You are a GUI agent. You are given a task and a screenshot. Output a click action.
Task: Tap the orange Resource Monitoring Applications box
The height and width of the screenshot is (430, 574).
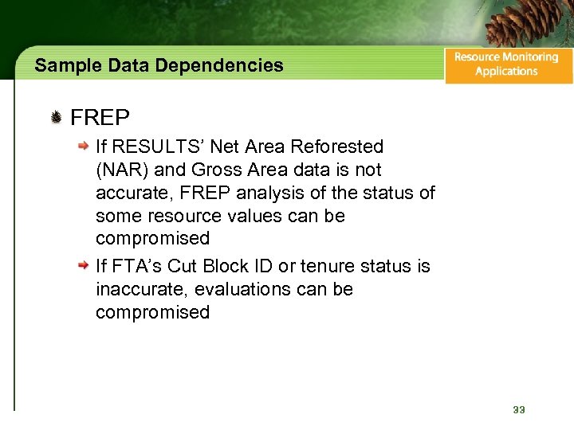[508, 64]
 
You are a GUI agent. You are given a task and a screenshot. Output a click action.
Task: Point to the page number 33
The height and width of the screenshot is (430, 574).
[519, 409]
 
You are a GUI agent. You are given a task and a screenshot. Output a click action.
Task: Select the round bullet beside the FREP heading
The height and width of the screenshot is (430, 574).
[57, 119]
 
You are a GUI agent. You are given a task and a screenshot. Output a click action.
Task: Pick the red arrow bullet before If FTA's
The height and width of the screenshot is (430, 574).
[83, 267]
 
